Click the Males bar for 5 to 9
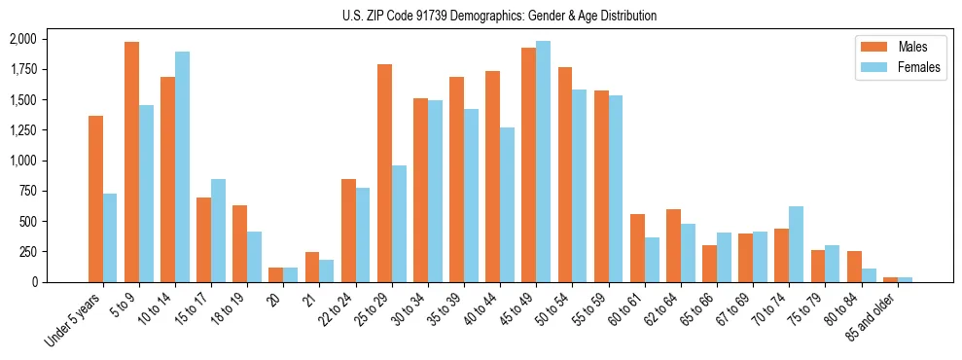click(131, 162)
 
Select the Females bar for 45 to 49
click(543, 162)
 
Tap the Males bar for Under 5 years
click(95, 198)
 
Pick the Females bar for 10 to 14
click(182, 166)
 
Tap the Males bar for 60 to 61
click(637, 248)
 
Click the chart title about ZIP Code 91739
click(499, 16)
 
